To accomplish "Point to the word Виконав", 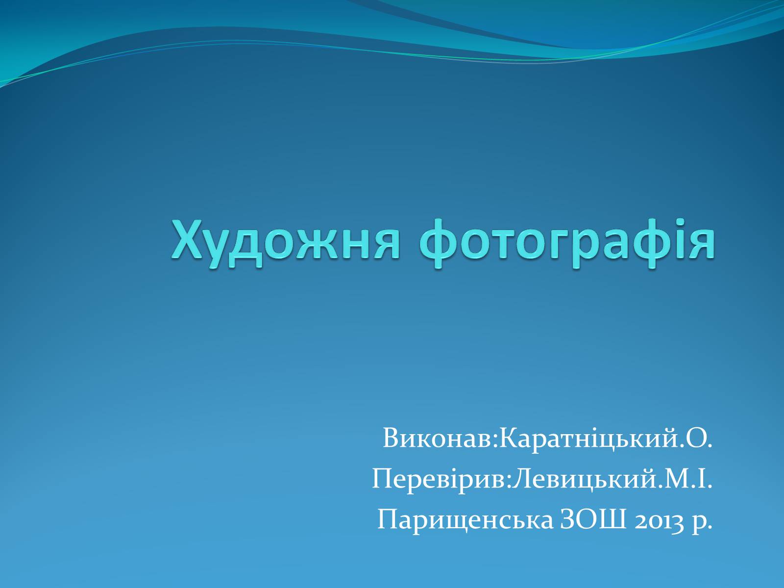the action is click(437, 438).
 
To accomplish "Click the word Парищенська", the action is click(465, 520).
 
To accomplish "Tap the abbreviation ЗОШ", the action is click(593, 519).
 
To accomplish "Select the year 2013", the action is click(659, 521).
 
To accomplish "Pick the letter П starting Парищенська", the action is click(388, 519).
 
